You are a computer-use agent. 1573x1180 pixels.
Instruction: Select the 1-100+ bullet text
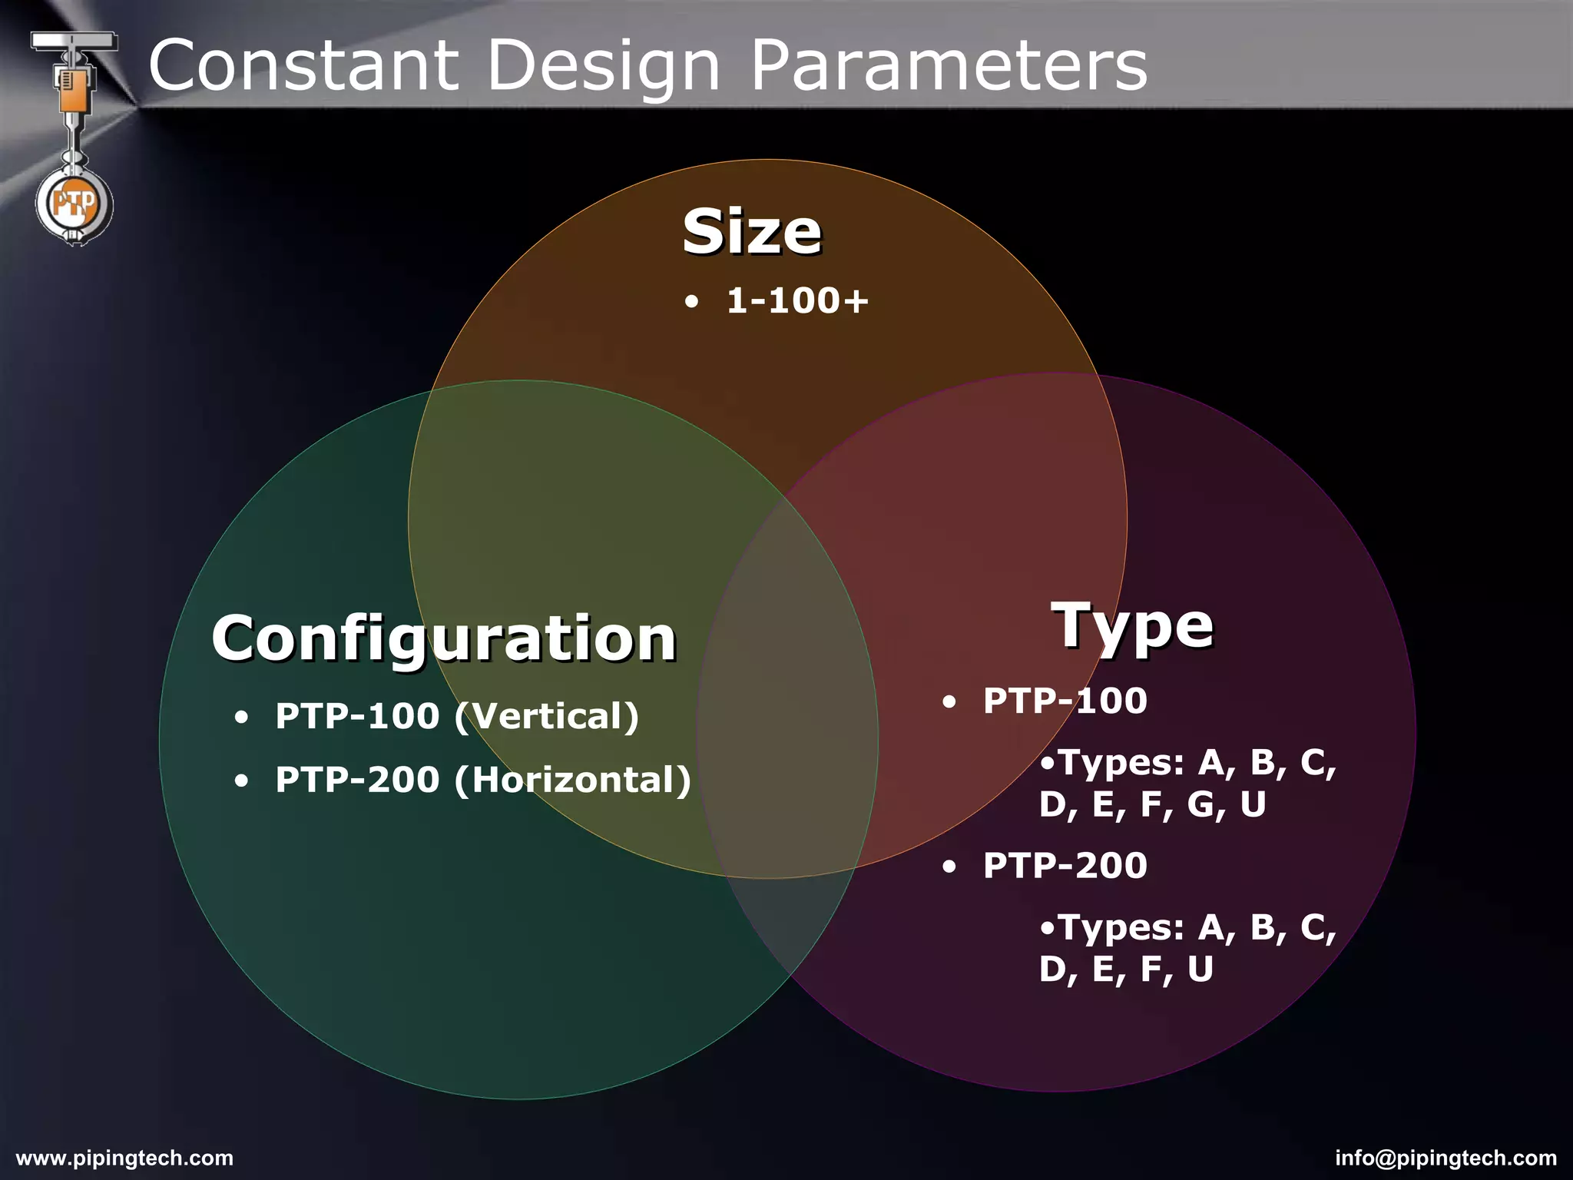tap(797, 300)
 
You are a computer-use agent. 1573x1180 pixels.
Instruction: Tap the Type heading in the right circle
tap(1133, 626)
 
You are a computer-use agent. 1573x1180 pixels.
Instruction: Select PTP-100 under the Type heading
tap(1065, 701)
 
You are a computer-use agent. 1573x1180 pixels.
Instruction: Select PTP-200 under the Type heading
tap(1065, 866)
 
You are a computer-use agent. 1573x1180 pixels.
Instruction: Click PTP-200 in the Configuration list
tap(357, 780)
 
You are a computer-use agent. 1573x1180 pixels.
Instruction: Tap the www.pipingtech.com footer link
tap(124, 1158)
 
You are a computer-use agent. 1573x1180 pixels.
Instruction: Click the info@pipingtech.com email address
tap(1446, 1158)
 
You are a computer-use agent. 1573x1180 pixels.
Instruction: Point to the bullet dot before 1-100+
tap(692, 302)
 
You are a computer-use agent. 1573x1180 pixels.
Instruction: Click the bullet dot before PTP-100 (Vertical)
tap(242, 718)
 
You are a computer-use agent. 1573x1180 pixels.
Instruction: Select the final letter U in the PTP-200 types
tap(1200, 970)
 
